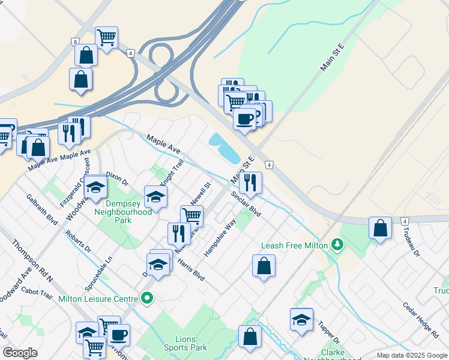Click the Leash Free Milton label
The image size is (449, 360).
click(x=294, y=246)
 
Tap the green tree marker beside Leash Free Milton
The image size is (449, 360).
click(x=338, y=245)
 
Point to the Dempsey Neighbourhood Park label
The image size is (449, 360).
click(x=124, y=212)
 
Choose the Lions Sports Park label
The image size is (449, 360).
click(x=185, y=343)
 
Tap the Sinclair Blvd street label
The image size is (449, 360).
click(x=246, y=205)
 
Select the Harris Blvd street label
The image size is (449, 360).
click(x=190, y=271)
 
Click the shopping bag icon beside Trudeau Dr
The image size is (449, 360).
click(x=380, y=229)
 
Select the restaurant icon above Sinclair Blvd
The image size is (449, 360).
click(x=250, y=182)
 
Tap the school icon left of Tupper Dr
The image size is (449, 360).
click(x=301, y=320)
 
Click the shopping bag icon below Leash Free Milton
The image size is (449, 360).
click(x=264, y=266)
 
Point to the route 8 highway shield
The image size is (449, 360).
click(x=75, y=41)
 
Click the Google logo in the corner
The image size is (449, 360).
click(x=20, y=353)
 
